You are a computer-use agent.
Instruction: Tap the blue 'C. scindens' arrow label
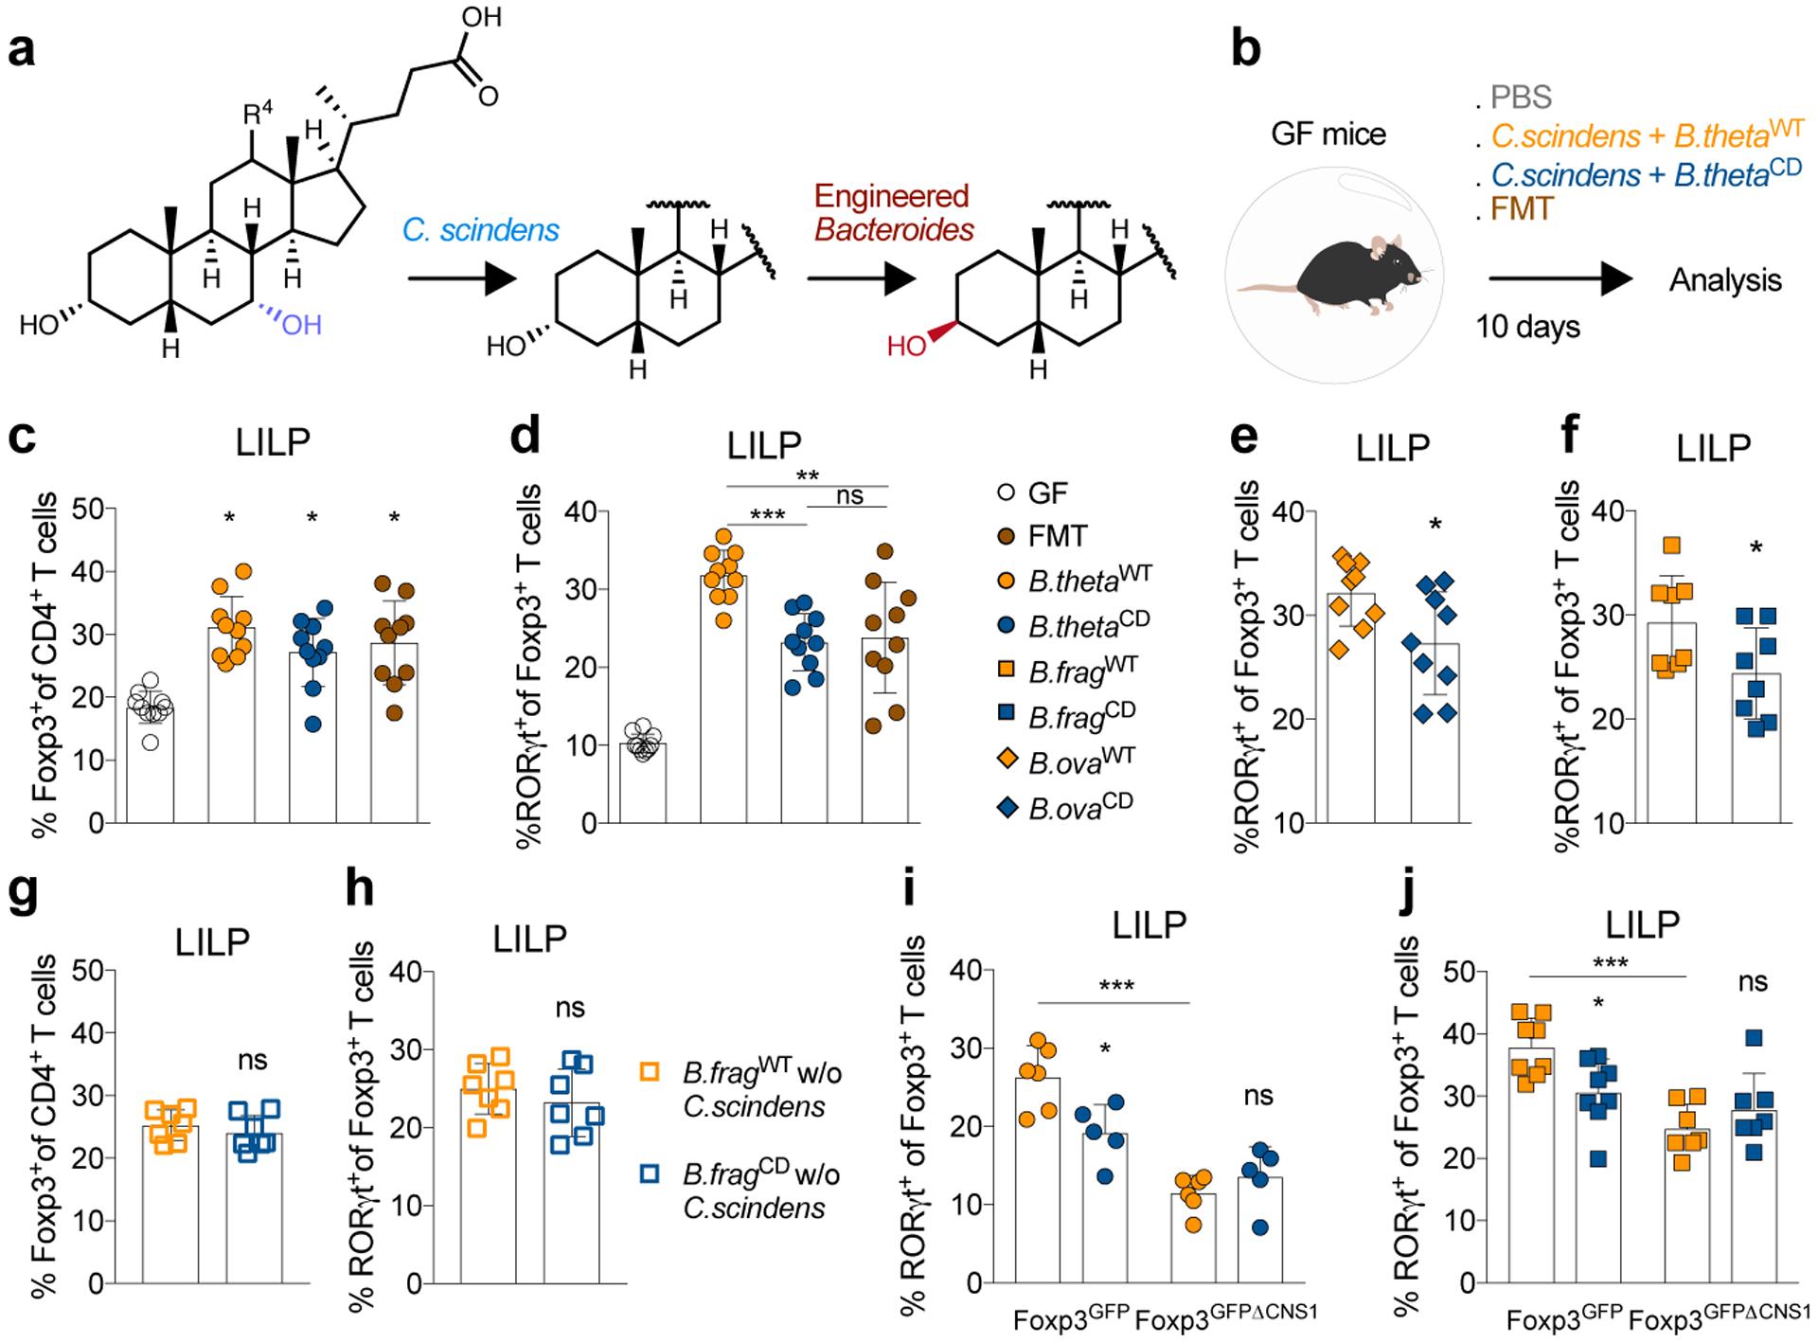(x=480, y=230)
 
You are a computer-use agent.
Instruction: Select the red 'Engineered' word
(x=891, y=197)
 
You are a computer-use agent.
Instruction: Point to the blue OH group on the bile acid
(x=302, y=325)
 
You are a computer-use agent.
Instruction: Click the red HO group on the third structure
(x=906, y=347)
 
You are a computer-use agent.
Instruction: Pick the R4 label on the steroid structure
(x=258, y=116)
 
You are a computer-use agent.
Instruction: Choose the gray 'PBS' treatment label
(x=1521, y=97)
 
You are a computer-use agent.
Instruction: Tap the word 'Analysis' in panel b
(x=1724, y=280)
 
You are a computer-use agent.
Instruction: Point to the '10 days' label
(x=1527, y=327)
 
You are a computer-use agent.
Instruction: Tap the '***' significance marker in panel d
(x=767, y=515)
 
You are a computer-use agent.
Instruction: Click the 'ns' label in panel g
(x=253, y=1060)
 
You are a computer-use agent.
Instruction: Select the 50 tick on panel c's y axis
(x=87, y=510)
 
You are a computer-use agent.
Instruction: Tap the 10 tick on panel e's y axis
(x=1289, y=823)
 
